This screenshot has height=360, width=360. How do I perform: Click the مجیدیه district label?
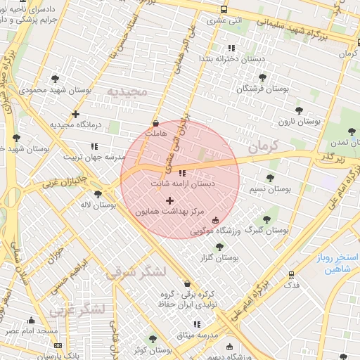129,92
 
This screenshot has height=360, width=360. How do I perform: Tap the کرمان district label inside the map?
263,147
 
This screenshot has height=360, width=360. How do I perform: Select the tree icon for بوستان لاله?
98,194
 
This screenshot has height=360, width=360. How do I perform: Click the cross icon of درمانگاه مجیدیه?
75,114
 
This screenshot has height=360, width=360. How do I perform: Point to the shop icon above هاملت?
155,122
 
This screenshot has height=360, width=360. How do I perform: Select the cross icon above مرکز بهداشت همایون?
169,200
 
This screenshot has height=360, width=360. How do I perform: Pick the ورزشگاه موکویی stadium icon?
215,221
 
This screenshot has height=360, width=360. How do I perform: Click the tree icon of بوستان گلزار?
219,247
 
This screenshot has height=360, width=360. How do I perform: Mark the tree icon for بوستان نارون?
299,110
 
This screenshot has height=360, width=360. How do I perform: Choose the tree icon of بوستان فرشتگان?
262,77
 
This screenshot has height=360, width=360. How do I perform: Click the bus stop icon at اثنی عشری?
224,10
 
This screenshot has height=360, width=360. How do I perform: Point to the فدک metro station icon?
290,275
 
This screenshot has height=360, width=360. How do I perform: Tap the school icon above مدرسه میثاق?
197,324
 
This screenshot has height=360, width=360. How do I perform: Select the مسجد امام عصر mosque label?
32,330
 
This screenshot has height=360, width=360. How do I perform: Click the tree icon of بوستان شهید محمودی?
56,79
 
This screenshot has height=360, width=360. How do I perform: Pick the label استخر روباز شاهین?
336,263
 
